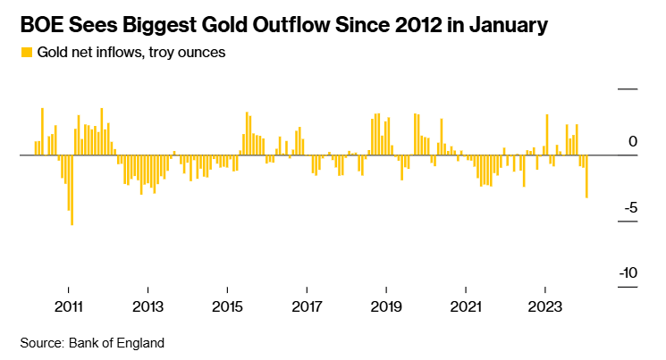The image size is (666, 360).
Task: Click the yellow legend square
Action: (25, 53)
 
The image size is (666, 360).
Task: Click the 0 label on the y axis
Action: (632, 141)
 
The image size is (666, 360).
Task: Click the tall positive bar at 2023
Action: (545, 134)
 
